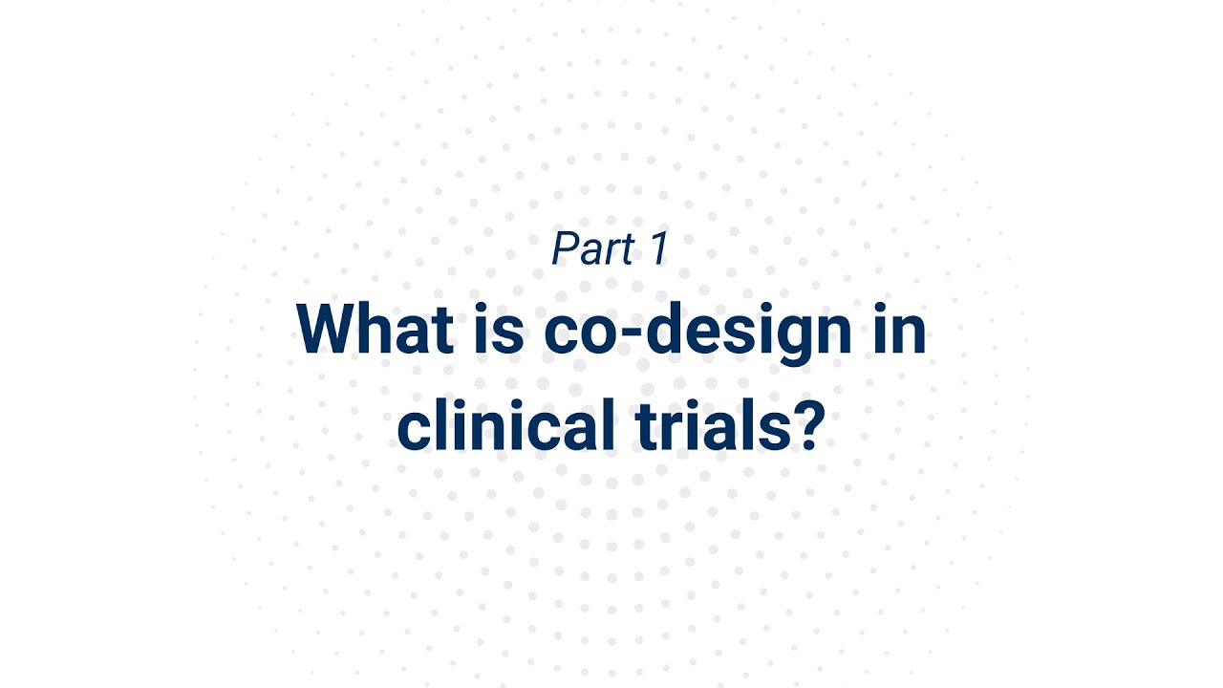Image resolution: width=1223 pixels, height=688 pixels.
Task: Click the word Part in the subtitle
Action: (592, 249)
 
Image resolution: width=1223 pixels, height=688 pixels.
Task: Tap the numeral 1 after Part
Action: (657, 249)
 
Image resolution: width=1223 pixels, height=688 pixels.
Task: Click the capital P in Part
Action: (566, 249)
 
